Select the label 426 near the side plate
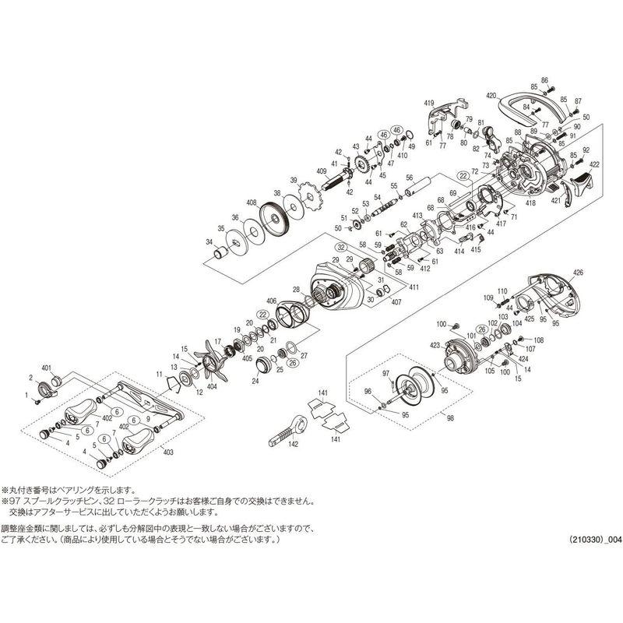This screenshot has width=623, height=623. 577,273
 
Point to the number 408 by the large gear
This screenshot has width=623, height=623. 252,202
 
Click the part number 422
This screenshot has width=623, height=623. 595,165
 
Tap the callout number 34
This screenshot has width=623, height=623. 208,243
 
